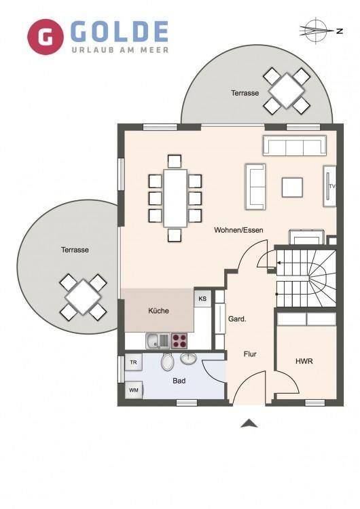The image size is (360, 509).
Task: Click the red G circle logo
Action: click(46, 37)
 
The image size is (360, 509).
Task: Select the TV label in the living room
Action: click(331, 187)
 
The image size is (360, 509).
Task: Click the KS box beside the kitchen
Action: click(202, 299)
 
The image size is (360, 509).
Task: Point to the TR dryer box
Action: click(134, 362)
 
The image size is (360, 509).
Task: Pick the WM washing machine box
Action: click(134, 390)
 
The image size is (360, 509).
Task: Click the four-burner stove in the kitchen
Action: click(179, 341)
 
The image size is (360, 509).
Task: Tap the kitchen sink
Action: click(158, 341)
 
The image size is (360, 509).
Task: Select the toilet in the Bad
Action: click(167, 362)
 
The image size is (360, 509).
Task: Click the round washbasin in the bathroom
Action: click(188, 358)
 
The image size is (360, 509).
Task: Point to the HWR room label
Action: click(304, 361)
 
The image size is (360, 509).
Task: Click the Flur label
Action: click(250, 354)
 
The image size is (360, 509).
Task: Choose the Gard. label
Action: click(237, 319)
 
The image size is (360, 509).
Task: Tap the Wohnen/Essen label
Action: click(238, 230)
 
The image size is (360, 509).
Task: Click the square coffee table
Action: click(292, 187)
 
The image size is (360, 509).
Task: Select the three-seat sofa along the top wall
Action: click(294, 145)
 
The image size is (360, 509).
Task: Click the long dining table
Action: click(175, 198)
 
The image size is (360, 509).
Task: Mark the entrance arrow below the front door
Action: click(249, 423)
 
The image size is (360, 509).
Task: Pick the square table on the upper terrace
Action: click(287, 90)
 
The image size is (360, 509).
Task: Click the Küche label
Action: click(158, 311)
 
